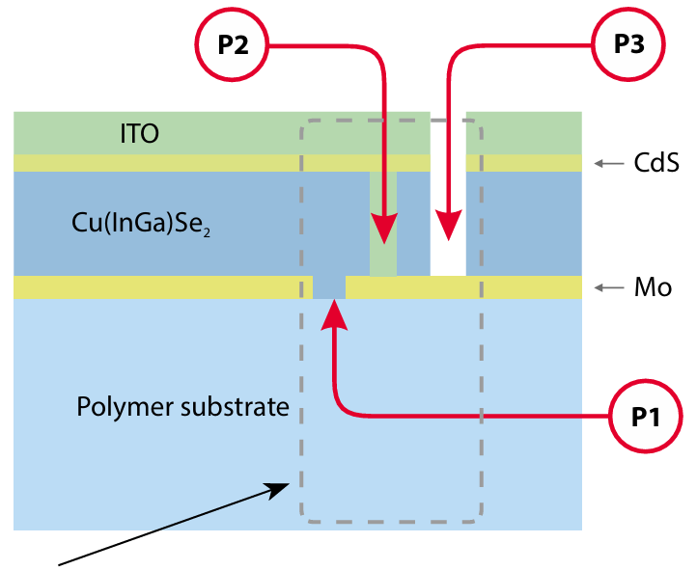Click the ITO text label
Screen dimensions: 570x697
(139, 133)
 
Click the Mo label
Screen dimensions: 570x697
(654, 287)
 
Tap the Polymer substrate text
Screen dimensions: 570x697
(182, 406)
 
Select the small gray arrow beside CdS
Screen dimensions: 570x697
(608, 164)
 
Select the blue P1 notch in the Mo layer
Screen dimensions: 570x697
(329, 287)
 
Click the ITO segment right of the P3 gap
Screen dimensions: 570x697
(523, 133)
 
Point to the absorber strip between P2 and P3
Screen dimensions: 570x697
(414, 223)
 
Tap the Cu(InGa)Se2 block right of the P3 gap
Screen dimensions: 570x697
(523, 223)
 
